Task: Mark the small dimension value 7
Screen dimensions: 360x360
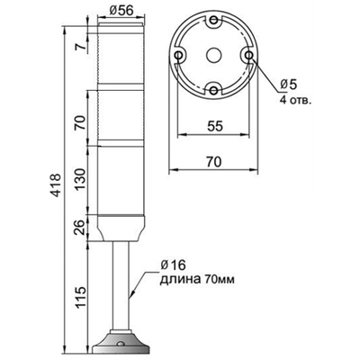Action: [81, 44]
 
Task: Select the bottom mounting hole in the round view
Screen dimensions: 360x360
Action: [213, 89]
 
